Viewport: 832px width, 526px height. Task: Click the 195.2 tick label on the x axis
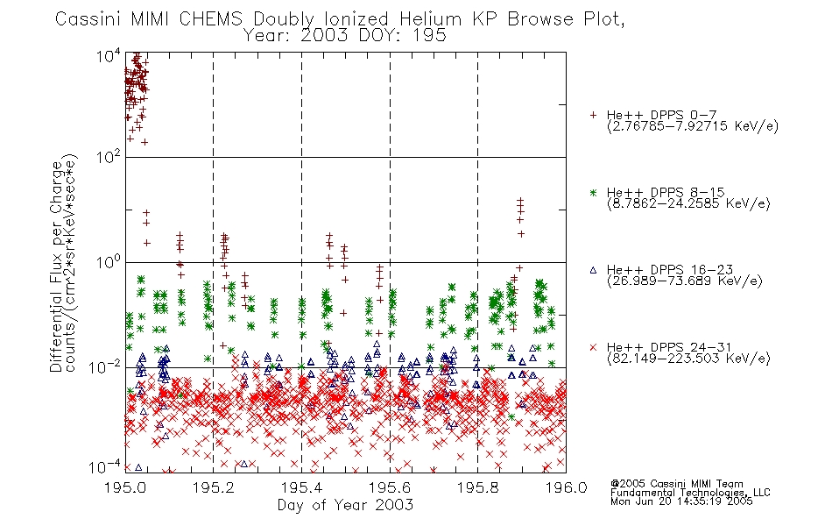[214, 487]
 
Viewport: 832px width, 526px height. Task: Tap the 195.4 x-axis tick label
[302, 487]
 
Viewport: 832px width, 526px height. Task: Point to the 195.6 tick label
[390, 487]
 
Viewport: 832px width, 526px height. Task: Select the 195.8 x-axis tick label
[478, 487]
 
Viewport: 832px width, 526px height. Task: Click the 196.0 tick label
[566, 487]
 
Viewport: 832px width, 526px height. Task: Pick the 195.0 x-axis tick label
[125, 487]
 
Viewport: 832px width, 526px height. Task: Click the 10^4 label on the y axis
[109, 55]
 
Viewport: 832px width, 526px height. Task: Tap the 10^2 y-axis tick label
[109, 157]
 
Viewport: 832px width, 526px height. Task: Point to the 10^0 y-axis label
[109, 262]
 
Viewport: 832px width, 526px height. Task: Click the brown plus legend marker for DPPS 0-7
[593, 115]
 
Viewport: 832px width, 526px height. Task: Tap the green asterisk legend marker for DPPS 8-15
[593, 193]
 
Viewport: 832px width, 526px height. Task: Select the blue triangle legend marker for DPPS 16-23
[593, 270]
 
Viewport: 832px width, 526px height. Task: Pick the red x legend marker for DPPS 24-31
[593, 347]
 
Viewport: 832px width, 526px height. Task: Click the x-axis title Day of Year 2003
[345, 505]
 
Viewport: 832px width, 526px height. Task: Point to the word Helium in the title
[430, 19]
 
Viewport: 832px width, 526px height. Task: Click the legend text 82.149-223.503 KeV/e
[688, 359]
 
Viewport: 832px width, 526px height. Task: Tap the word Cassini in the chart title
[88, 19]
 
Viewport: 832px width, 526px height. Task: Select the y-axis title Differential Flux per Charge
[56, 263]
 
